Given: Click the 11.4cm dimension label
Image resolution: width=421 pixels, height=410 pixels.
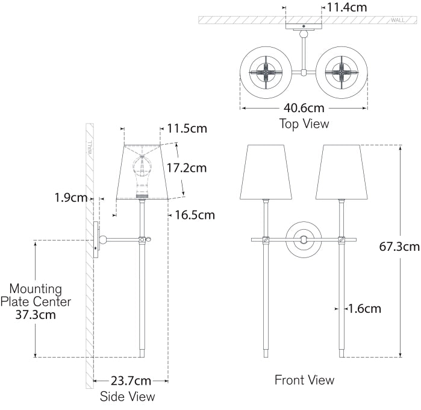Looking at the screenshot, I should coord(346,8).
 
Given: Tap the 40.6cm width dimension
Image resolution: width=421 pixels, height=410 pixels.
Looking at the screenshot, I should coord(304,109).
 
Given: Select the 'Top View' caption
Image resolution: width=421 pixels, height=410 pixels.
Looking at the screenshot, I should coord(304,124).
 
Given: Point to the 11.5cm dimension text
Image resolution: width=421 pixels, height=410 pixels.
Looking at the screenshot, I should coord(187,128).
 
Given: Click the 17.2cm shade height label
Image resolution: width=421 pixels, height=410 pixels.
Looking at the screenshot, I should coord(186,168).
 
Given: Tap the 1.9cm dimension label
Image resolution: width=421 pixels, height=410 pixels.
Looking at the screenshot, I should coord(70,197).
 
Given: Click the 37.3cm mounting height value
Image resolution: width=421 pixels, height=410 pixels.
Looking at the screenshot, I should coord(36,314).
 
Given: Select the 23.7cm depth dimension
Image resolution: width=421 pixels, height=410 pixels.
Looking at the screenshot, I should coord(131,380).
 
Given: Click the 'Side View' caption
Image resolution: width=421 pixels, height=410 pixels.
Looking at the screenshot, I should coord(127,396).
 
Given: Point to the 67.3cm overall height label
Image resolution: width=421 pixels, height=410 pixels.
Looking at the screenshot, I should coord(399,246).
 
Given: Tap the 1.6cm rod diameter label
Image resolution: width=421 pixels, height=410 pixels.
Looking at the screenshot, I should coord(364,309).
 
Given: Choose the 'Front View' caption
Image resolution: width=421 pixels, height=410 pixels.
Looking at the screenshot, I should coord(304,380).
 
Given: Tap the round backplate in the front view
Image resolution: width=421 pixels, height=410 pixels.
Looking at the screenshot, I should coord(303,239).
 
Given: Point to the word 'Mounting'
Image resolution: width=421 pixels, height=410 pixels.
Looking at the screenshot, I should coord(36,289).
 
